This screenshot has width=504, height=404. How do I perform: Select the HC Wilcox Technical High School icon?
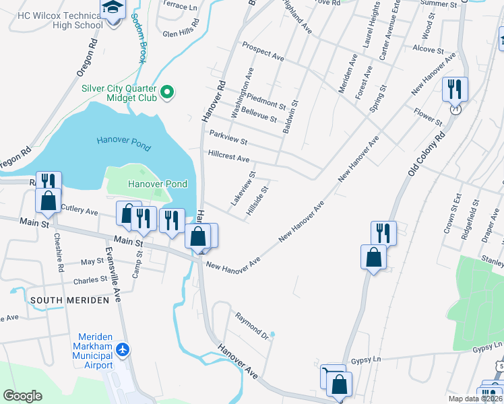111,8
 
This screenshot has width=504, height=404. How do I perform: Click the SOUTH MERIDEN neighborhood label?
69,300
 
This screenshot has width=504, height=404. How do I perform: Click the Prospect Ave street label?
263,53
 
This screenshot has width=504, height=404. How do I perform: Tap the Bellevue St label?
259,114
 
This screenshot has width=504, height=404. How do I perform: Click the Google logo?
22,396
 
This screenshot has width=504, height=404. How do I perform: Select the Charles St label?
90,279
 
